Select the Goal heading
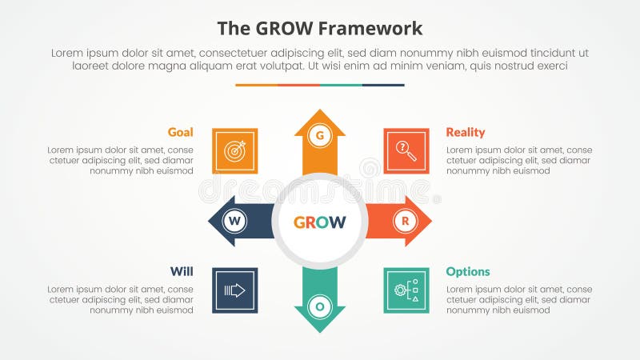(180, 132)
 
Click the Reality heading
(466, 132)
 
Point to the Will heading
(182, 271)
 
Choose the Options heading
(468, 271)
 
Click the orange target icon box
(235, 150)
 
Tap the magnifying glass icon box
(406, 150)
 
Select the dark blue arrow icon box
(235, 290)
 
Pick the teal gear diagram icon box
(406, 290)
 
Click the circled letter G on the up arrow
(320, 136)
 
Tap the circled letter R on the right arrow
(405, 220)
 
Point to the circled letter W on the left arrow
(234, 220)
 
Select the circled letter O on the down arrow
(320, 306)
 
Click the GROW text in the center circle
(320, 222)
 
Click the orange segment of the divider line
(256, 85)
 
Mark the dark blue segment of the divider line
(383, 85)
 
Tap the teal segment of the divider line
(341, 85)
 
